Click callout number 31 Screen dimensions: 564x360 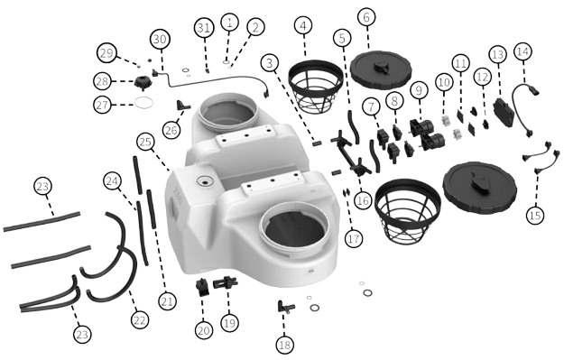[204, 28]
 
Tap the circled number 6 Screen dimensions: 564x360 [366, 17]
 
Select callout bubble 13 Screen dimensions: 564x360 [498, 55]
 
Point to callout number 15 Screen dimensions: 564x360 [535, 215]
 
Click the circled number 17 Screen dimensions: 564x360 [354, 238]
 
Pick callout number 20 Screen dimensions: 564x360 [204, 330]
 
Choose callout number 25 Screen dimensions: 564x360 [145, 142]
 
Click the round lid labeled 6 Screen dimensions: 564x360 [381, 70]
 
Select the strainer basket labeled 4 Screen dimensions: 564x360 [316, 87]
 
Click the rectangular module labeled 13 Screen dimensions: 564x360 [504, 111]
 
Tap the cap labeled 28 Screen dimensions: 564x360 [143, 83]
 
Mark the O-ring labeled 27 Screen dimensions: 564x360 [143, 103]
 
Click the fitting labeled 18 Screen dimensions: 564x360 [285, 307]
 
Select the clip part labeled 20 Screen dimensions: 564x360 [203, 287]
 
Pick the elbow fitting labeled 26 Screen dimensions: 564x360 [183, 106]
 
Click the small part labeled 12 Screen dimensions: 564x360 [485, 125]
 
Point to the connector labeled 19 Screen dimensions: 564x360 [226, 282]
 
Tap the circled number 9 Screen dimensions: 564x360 [419, 90]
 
